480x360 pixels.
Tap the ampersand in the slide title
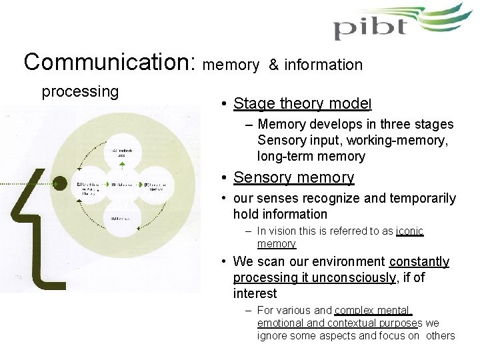[273, 65]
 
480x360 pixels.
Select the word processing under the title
[80, 91]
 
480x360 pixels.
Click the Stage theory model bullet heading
[302, 103]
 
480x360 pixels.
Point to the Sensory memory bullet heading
[293, 177]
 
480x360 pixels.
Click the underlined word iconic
[409, 231]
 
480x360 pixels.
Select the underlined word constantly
[419, 261]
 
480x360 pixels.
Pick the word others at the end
[440, 335]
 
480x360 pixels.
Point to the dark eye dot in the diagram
[61, 182]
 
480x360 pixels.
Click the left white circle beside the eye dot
[91, 185]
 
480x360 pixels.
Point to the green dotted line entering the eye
[27, 183]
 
